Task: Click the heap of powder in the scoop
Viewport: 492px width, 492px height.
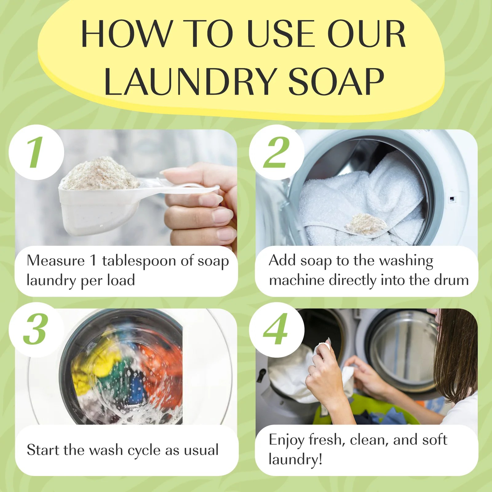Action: [x=101, y=174]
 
